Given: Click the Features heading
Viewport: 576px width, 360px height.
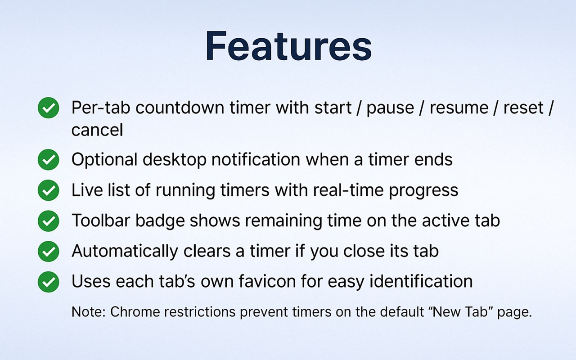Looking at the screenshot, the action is pos(288,46).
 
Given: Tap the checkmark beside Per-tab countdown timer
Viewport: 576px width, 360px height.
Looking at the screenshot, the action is pos(48,108).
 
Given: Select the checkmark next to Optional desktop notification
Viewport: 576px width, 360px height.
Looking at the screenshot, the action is pos(48,160).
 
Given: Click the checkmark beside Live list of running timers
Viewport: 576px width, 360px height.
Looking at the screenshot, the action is pos(48,190).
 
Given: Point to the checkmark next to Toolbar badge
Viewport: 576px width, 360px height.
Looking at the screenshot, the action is pos(48,221).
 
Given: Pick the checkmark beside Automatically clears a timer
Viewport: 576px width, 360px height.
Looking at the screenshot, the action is pos(48,252).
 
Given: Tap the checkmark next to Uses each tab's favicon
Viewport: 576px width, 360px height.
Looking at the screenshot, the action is pos(48,282).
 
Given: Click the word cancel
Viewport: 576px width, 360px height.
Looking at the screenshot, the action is pos(97,130).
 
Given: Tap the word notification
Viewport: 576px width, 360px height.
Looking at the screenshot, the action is pos(256,159).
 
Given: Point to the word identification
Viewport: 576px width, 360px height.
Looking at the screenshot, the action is pos(421,281).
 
